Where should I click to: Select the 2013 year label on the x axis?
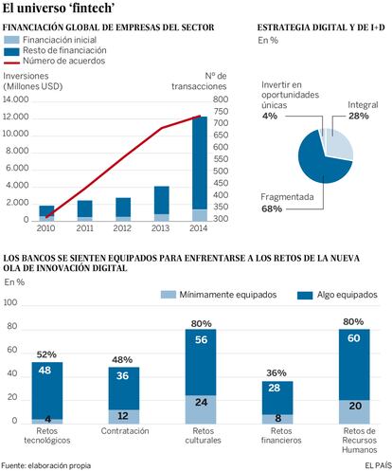[x=160, y=228]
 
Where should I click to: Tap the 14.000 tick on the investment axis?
[x=15, y=100]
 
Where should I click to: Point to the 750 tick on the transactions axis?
[x=221, y=111]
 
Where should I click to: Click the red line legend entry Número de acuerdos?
[x=54, y=61]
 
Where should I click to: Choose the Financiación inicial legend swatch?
[x=11, y=40]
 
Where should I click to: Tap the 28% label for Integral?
[x=359, y=116]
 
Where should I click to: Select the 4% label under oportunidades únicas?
[x=270, y=116]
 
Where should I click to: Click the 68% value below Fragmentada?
[x=272, y=208]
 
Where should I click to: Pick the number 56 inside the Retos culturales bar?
[x=201, y=340]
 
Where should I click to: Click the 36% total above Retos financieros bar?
[x=276, y=373]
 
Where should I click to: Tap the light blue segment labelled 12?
[x=124, y=417]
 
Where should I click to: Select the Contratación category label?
[x=125, y=431]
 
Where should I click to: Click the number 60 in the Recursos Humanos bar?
[x=354, y=338]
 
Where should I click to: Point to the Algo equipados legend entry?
[x=337, y=295]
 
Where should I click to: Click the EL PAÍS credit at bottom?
[x=378, y=465]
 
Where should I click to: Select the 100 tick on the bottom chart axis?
[x=10, y=302]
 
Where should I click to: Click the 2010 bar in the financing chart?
[x=46, y=213]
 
